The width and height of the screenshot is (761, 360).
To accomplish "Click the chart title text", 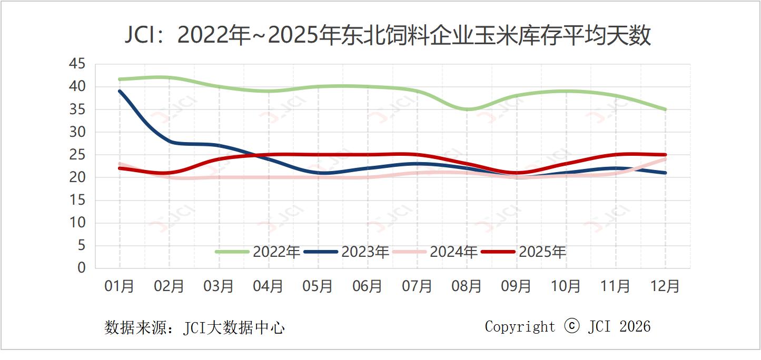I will click(x=388, y=36).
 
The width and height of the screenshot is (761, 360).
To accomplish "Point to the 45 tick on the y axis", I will click(x=77, y=64).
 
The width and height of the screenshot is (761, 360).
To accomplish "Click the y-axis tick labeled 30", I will click(x=77, y=132).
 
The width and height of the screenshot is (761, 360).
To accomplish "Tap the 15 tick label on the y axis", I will click(x=77, y=200).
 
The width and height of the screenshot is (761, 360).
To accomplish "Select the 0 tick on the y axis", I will click(x=81, y=268).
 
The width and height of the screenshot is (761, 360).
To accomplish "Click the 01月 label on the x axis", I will click(x=120, y=286).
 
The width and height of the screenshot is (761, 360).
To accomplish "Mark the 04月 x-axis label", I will click(x=269, y=286).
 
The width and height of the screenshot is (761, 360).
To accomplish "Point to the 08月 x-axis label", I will click(x=467, y=286).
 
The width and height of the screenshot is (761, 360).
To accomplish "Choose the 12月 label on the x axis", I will click(x=665, y=286).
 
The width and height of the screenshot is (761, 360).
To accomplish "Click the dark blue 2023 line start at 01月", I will click(x=120, y=91).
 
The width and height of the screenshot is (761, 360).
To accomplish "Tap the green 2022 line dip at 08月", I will click(x=467, y=109).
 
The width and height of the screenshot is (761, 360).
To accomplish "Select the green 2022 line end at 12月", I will click(x=665, y=109).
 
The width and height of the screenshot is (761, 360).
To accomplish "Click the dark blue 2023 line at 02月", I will click(x=170, y=141).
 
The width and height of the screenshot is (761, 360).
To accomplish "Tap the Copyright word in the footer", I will click(x=520, y=327).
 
